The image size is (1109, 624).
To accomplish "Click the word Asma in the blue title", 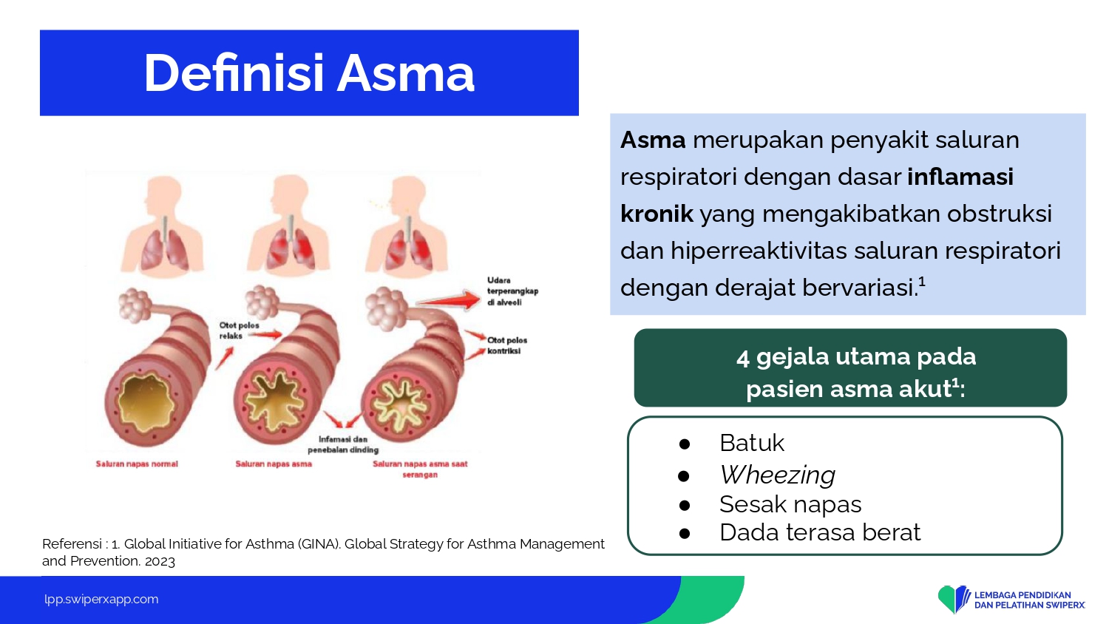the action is (x=405, y=73).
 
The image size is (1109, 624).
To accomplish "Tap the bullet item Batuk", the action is (x=752, y=443).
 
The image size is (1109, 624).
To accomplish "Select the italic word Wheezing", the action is (x=777, y=475).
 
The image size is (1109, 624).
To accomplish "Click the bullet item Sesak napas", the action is (x=790, y=505).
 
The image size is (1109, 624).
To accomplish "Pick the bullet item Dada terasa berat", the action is (x=820, y=532).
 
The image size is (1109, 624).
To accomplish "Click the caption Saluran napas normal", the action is (x=137, y=464).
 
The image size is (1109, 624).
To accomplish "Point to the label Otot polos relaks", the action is (x=239, y=330).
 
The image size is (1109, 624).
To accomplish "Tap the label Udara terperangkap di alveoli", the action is (x=512, y=291).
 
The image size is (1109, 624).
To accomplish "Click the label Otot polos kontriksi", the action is (x=507, y=346).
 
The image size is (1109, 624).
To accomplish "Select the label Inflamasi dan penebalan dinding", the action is (x=343, y=445).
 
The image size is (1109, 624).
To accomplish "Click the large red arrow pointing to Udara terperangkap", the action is (x=449, y=299).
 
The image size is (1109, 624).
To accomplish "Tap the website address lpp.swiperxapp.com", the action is (x=101, y=600).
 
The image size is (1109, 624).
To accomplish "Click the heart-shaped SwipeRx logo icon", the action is (x=954, y=598).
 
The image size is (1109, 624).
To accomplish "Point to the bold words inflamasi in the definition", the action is (x=960, y=177).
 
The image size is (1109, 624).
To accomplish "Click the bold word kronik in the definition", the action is (x=657, y=214).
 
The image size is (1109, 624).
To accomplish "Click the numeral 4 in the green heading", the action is (x=742, y=358).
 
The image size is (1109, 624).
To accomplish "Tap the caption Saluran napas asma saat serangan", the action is (x=420, y=469).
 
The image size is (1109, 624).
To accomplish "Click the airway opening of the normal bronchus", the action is (x=146, y=403).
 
